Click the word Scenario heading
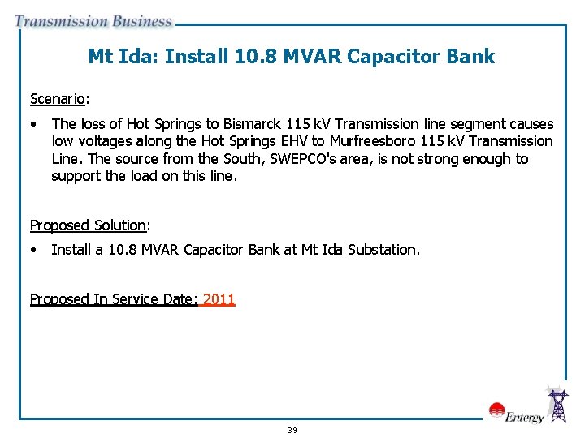[x=58, y=99]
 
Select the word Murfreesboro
[x=374, y=142]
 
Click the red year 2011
[x=219, y=299]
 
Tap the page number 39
[x=292, y=430]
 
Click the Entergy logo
[x=516, y=413]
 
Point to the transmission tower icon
[x=558, y=405]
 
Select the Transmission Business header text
[x=93, y=22]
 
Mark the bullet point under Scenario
[x=33, y=124]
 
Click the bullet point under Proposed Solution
[x=33, y=250]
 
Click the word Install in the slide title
[x=197, y=56]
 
